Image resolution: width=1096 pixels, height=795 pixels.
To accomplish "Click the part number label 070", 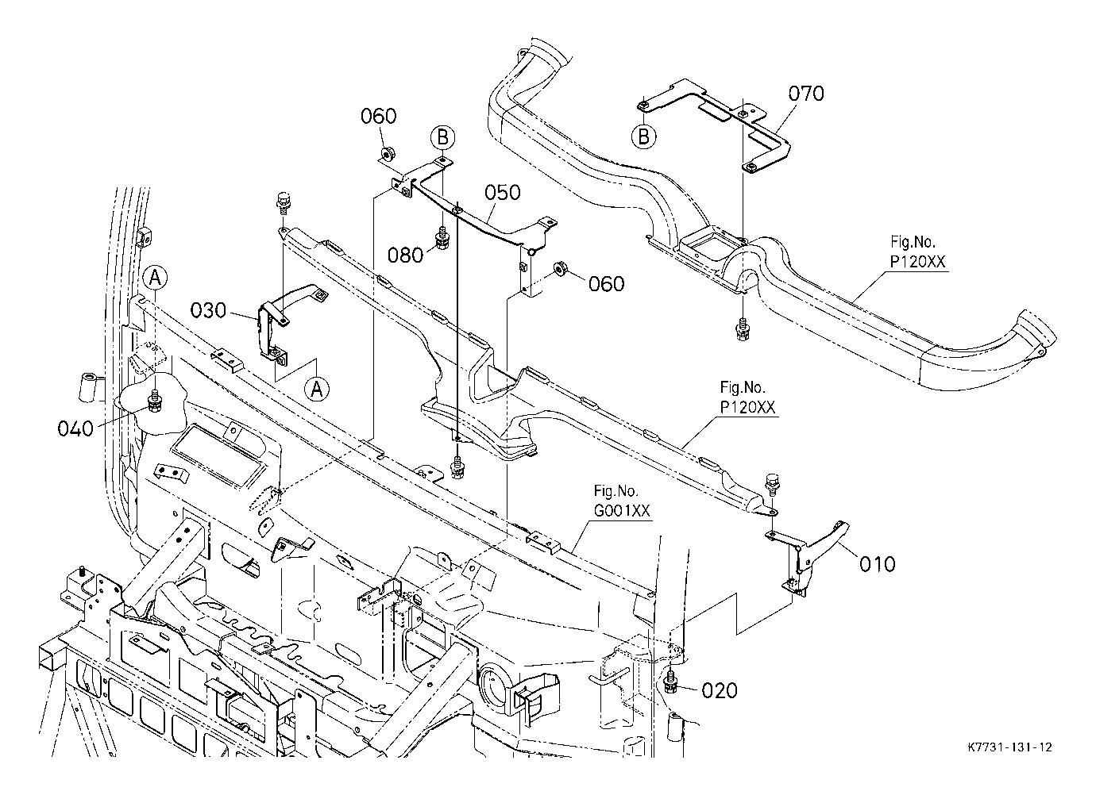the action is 806,94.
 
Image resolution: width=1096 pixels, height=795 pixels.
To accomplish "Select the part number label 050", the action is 503,193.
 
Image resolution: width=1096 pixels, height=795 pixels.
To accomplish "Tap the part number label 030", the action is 208,310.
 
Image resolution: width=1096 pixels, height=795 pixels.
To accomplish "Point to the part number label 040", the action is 75,428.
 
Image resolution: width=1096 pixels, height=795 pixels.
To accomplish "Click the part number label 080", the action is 406,255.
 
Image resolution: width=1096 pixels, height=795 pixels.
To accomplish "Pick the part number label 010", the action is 878,564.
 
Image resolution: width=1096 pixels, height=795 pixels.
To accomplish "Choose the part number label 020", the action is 720,691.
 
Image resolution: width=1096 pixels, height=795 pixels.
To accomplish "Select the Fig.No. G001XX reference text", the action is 622,501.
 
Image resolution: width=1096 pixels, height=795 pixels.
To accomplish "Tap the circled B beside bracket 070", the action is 644,136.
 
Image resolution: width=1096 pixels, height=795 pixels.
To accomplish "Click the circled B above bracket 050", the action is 443,138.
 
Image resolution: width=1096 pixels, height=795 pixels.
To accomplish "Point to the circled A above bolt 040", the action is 156,278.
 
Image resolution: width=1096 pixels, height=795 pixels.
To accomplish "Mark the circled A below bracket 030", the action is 317,390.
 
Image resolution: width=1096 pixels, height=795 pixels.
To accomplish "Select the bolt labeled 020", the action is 670,682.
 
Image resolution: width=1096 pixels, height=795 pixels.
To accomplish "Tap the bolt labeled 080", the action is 442,238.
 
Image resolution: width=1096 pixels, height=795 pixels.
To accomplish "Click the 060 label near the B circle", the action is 378,117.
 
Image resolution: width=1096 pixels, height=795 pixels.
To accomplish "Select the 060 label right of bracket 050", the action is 606,284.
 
